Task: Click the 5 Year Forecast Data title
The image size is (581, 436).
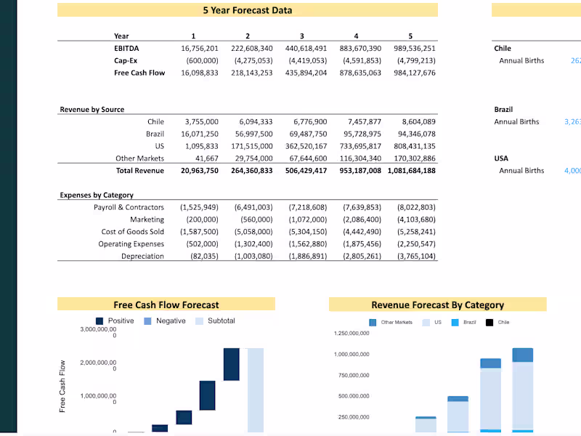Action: pyautogui.click(x=248, y=10)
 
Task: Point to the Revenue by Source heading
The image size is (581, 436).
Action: pyautogui.click(x=92, y=110)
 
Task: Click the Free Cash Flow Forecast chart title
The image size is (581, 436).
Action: pyautogui.click(x=166, y=305)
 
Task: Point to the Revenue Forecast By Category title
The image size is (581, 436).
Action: pyautogui.click(x=437, y=305)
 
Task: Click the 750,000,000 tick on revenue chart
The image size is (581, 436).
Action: pyautogui.click(x=352, y=375)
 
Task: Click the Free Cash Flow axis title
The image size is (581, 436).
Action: pyautogui.click(x=62, y=386)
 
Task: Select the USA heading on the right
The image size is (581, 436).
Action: pyautogui.click(x=501, y=158)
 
